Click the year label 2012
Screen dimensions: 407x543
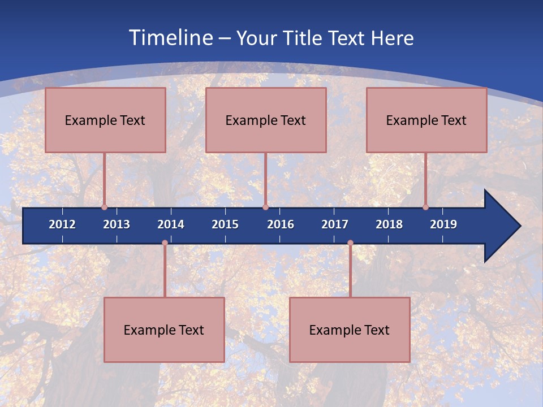[62, 224]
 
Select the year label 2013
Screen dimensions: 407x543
[117, 224]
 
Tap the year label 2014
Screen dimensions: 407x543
[171, 224]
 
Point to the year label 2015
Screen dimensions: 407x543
[225, 224]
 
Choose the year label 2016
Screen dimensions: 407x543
[281, 224]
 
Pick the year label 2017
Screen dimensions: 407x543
[335, 224]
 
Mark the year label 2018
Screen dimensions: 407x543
[389, 224]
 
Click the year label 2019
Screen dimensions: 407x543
[443, 224]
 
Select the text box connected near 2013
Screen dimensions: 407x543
[105, 120]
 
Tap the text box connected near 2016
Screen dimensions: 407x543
[266, 120]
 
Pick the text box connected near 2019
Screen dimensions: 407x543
[426, 120]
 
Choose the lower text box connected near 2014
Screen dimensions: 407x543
[164, 330]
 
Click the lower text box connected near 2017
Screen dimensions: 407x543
[350, 330]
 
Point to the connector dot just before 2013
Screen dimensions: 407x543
[105, 207]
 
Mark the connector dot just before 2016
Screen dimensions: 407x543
[265, 207]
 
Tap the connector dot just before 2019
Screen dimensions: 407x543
[426, 207]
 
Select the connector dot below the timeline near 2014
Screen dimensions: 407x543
[165, 243]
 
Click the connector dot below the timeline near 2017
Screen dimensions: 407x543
[350, 243]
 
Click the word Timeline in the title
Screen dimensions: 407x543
[170, 38]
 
